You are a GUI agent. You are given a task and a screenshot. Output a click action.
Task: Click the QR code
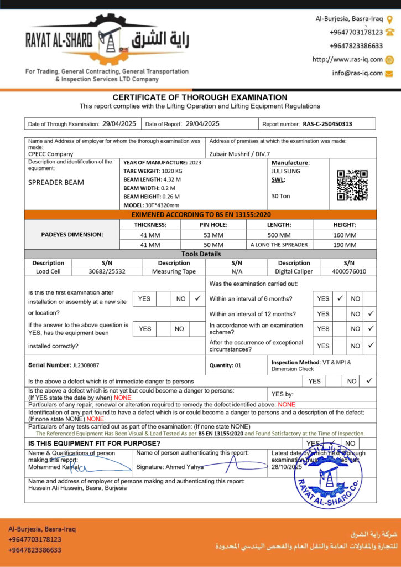(352, 185)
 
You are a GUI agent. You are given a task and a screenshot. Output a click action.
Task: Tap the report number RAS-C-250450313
(327, 124)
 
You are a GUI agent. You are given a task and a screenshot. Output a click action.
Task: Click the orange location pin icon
(389, 19)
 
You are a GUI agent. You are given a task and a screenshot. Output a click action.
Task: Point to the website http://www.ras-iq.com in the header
(347, 60)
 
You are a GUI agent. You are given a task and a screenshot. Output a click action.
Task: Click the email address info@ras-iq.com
(357, 73)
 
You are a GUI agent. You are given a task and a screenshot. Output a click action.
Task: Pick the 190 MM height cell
(345, 244)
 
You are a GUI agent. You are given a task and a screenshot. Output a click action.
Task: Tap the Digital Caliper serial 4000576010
(348, 271)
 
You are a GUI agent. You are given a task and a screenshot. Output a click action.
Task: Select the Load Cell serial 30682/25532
(107, 271)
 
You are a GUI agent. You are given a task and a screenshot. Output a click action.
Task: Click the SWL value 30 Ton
(280, 196)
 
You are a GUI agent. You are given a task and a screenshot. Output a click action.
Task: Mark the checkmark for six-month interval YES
(340, 298)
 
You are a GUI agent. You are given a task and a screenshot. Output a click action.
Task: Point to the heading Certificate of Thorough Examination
(200, 97)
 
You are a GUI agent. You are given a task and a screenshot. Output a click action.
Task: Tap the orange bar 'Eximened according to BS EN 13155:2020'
(201, 214)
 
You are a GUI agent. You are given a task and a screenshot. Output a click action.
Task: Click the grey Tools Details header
(201, 254)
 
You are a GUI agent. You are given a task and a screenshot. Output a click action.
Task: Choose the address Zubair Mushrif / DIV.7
(239, 154)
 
